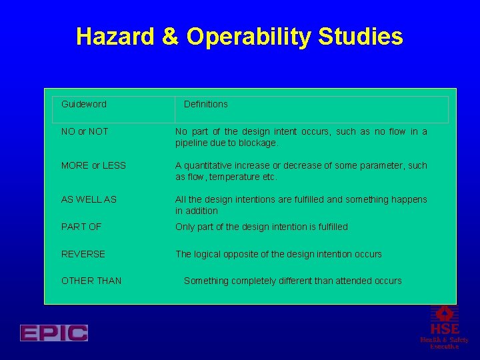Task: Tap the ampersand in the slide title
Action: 171,37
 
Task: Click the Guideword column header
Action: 84,104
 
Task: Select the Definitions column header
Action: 205,104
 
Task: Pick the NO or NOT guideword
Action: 85,131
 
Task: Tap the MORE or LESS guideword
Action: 93,165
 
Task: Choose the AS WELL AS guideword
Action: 89,199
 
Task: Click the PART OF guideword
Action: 81,227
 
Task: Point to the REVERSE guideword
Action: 83,254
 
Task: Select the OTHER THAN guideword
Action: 91,281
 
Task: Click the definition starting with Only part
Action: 261,227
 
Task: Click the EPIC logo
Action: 54,333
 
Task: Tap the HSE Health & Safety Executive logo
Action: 444,327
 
